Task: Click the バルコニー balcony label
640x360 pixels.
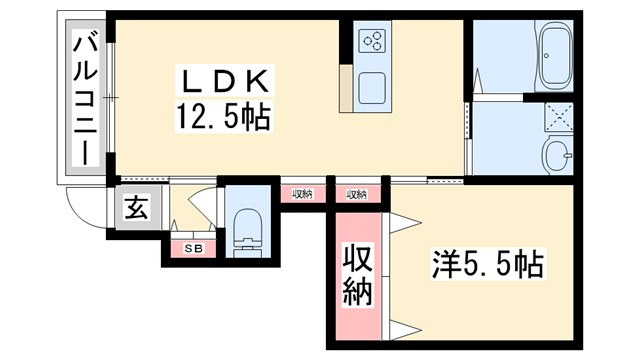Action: (86, 100)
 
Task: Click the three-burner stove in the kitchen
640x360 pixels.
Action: (372, 41)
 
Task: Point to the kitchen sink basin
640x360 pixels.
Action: (372, 87)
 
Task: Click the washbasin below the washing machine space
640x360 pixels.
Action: (556, 156)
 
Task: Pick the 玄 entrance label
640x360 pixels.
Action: (134, 209)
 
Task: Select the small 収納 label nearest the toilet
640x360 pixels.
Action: (302, 194)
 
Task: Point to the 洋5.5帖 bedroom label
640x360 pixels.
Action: (488, 264)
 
